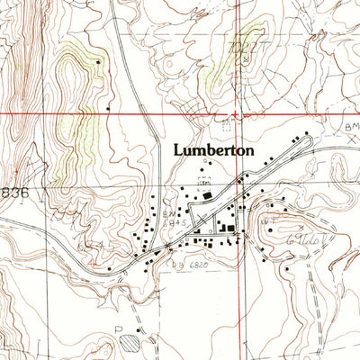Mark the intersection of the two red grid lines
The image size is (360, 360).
point(238,114)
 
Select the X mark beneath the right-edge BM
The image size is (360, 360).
point(353,141)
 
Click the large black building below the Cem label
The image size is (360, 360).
point(209,195)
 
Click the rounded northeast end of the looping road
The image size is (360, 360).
point(309,136)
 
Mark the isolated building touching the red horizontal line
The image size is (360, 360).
point(109,111)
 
